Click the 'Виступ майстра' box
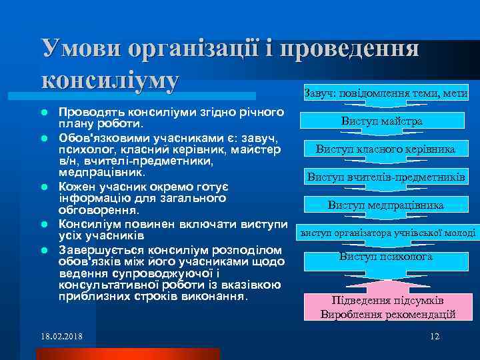tap(391, 121)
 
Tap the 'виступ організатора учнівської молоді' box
tap(387, 233)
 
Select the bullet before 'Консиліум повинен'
tap(43, 224)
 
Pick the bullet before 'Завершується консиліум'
tap(43, 249)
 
